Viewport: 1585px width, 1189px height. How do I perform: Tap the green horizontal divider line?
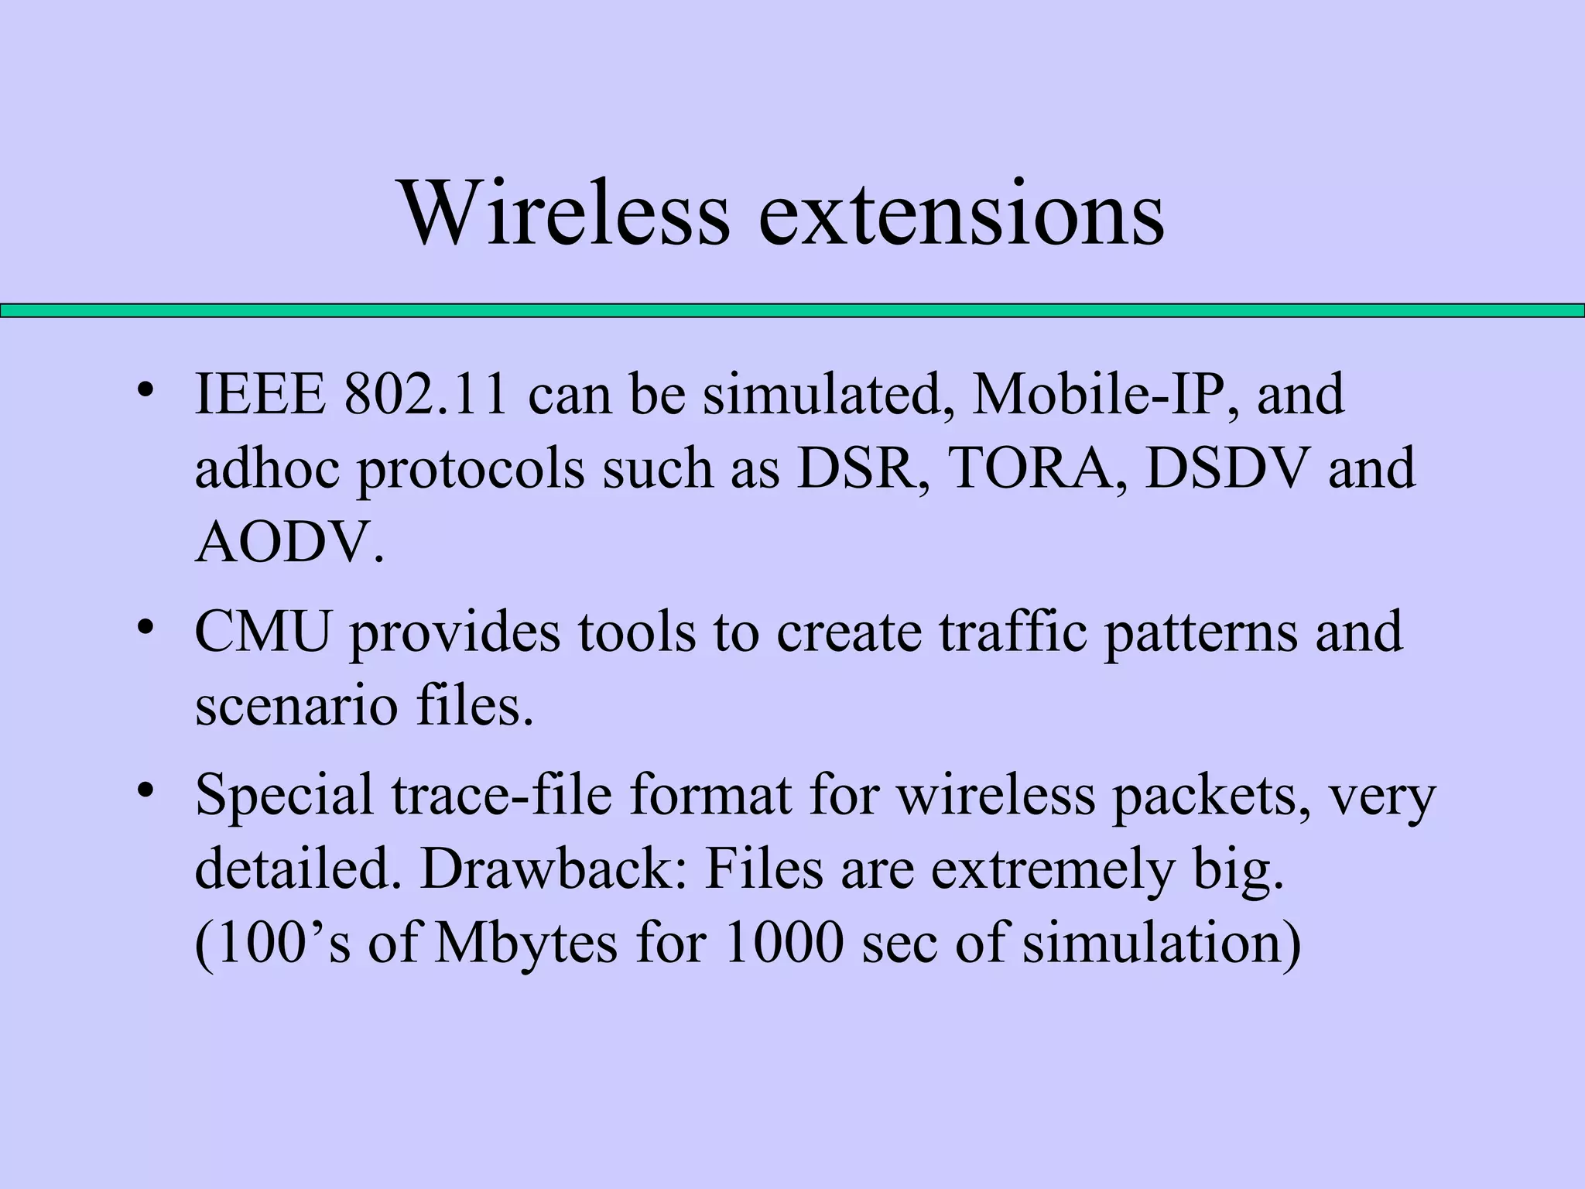(x=792, y=310)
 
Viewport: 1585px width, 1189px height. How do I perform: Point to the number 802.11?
(x=426, y=394)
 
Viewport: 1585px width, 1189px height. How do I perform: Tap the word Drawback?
(x=553, y=869)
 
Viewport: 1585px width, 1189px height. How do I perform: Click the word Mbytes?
(x=526, y=944)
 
